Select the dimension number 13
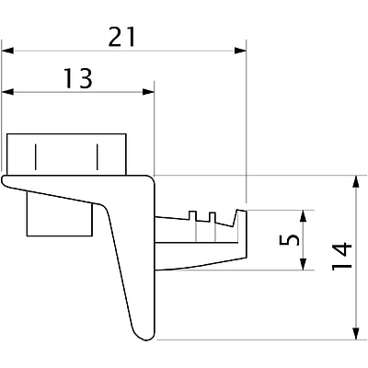point(79,78)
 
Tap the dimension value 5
point(290,241)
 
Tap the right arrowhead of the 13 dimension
point(148,91)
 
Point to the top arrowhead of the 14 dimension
point(354,181)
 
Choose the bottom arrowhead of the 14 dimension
point(354,335)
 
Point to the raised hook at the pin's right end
point(243,219)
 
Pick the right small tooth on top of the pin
point(213,217)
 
